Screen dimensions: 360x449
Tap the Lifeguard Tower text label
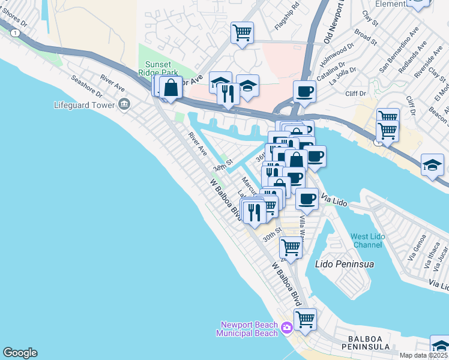(83, 105)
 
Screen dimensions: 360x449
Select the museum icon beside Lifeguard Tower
(124, 104)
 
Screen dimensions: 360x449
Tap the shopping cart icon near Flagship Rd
(242, 32)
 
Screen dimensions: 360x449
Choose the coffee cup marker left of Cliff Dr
(304, 92)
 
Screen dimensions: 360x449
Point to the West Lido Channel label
(367, 241)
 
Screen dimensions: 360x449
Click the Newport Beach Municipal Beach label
(249, 329)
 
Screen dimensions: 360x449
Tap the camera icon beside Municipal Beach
(287, 327)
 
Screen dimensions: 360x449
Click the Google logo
(20, 353)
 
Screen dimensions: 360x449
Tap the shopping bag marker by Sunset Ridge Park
(171, 87)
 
